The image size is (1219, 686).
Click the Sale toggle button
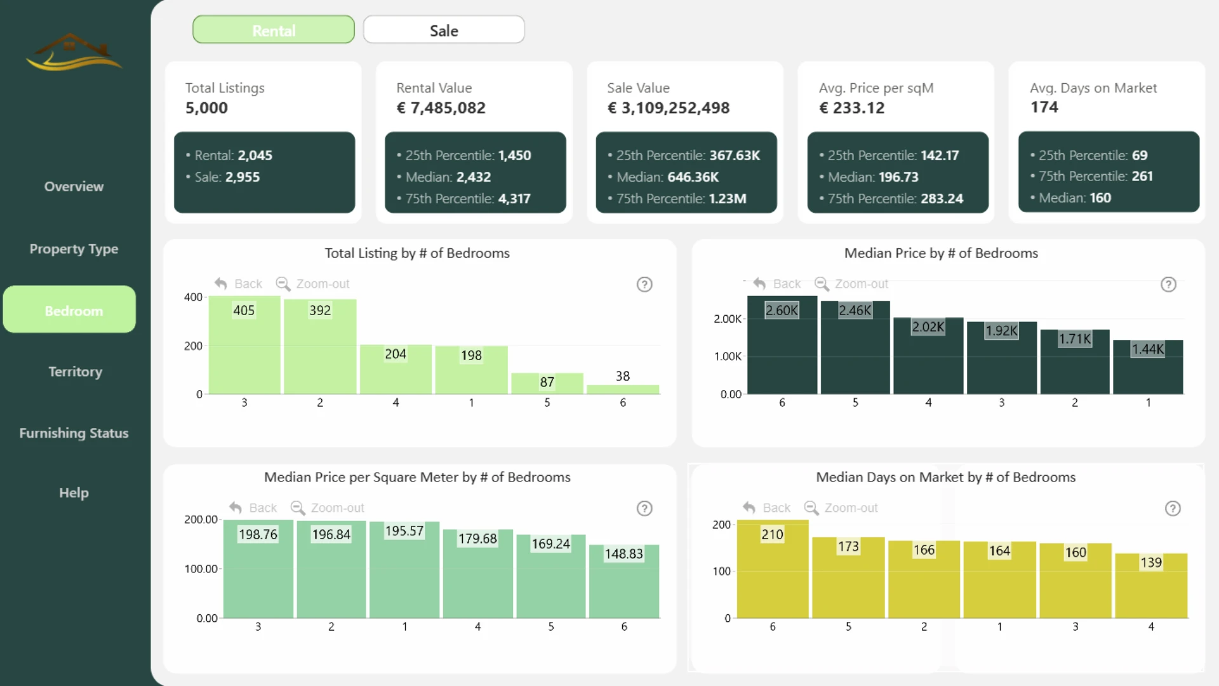click(444, 30)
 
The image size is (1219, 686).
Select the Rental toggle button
click(274, 30)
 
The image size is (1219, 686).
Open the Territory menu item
click(75, 372)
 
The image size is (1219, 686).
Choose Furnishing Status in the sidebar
click(74, 433)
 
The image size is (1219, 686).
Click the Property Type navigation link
click(74, 249)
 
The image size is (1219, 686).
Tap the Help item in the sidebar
click(74, 493)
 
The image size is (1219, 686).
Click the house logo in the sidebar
click(74, 51)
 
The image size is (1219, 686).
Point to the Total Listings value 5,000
click(206, 108)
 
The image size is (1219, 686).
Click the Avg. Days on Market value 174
click(1044, 107)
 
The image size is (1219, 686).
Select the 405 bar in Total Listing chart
click(244, 345)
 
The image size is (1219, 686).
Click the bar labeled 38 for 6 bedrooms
click(623, 389)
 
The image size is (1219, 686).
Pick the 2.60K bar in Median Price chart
click(782, 345)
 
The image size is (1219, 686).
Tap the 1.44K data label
click(1148, 349)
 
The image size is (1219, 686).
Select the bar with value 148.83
click(624, 581)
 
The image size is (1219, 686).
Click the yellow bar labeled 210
click(773, 569)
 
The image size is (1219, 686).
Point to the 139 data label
click(1151, 562)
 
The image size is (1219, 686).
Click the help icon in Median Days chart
click(1173, 508)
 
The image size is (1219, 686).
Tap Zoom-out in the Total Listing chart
click(313, 284)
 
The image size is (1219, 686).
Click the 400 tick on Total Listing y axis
click(193, 297)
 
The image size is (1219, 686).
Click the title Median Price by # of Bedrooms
click(941, 253)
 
